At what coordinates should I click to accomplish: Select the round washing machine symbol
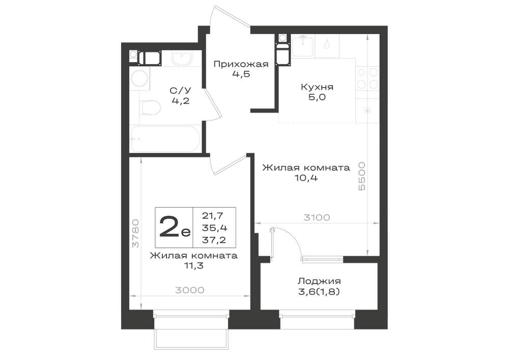click(140, 78)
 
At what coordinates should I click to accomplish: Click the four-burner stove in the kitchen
click(368, 78)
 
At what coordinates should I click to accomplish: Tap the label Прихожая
click(241, 64)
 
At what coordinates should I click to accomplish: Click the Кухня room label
click(317, 87)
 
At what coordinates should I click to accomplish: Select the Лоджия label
click(320, 281)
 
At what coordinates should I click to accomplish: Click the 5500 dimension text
click(362, 176)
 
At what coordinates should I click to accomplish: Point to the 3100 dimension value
click(317, 217)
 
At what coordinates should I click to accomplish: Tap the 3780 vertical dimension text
click(136, 233)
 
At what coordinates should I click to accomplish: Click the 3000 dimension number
click(189, 290)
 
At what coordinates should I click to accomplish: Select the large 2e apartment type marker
click(175, 227)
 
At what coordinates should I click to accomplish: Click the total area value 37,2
click(214, 240)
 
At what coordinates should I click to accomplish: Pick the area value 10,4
click(306, 178)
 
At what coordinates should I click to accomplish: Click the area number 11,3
click(193, 266)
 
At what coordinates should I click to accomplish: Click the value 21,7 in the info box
click(213, 215)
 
